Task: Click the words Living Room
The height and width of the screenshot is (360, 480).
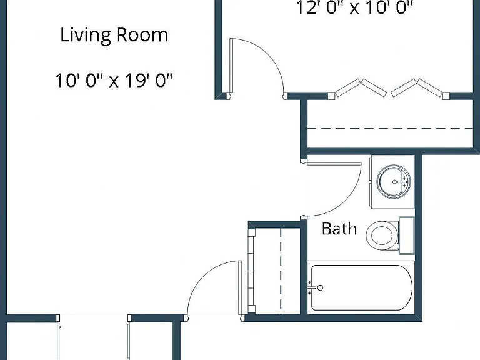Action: coord(114,36)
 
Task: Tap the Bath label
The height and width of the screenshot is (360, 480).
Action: coord(339,229)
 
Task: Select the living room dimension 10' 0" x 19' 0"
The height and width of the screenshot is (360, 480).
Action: coord(114,81)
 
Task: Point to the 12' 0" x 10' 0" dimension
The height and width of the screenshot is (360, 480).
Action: coord(355,7)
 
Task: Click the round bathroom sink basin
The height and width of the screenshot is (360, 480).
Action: coord(394,181)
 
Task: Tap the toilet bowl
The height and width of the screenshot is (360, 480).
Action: coord(381,235)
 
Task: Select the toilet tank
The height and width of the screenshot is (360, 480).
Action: coord(406,236)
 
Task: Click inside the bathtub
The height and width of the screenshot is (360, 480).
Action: coord(362,287)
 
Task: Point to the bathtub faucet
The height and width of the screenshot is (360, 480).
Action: coord(315,287)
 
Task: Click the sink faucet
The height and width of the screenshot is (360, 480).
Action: coord(402,181)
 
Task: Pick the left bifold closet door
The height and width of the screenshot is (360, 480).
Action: coord(361,87)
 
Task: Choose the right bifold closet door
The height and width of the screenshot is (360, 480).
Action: coord(417,87)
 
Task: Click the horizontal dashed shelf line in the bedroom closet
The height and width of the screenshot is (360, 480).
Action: coord(390,129)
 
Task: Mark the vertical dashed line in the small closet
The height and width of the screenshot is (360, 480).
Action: coord(281,271)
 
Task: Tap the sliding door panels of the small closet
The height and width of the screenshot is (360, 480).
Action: coord(251,271)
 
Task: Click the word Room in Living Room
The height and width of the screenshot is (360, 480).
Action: coord(142,34)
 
